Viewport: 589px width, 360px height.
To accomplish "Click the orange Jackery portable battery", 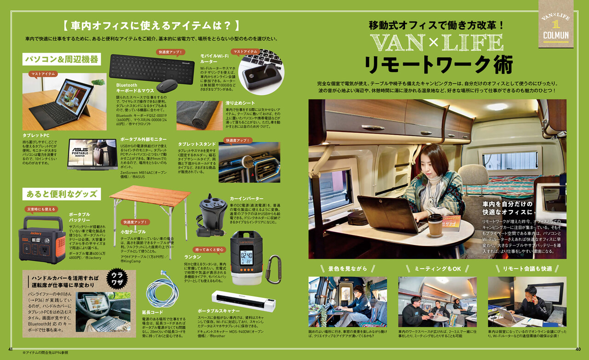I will pyautogui.click(x=42, y=240).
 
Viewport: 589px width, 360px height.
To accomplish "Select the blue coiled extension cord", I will pyautogui.click(x=162, y=291).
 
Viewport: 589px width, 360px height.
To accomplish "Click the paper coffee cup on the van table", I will pyautogui.click(x=435, y=225).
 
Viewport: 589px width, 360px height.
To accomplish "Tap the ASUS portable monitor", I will pyautogui.click(x=92, y=154).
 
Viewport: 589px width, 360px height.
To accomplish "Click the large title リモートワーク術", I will pyautogui.click(x=438, y=65).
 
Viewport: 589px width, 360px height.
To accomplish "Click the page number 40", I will pyautogui.click(x=578, y=349).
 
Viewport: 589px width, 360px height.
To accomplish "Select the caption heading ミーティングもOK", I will pyautogui.click(x=437, y=269).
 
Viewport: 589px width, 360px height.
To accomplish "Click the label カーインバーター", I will pyautogui.click(x=247, y=198).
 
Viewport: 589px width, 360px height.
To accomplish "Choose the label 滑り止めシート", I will pyautogui.click(x=240, y=103).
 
